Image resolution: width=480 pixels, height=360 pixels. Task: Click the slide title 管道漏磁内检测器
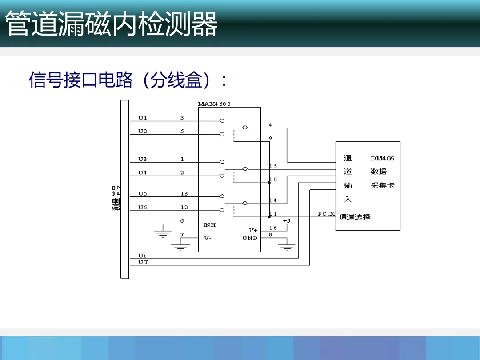[112, 24]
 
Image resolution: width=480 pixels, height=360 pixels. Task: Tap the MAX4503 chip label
[214, 104]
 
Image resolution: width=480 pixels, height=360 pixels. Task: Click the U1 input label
[142, 118]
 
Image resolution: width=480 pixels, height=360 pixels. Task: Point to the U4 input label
[142, 172]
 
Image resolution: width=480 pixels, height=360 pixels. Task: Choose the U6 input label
[142, 207]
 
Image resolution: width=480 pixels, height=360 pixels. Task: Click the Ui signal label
[142, 256]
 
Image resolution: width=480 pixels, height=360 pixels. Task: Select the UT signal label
[143, 262]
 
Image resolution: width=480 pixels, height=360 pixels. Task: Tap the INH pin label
[209, 225]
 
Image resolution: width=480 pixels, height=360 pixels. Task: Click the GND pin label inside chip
[250, 238]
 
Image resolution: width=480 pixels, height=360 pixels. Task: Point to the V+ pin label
[253, 230]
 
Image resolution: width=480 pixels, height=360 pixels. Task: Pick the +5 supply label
[287, 221]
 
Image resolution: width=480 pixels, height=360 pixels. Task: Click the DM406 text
[382, 158]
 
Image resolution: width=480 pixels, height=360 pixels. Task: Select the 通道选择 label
[355, 217]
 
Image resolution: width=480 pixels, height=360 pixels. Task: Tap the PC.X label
[326, 214]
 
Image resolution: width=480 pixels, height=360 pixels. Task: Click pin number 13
[184, 193]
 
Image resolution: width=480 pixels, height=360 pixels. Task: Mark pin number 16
[273, 228]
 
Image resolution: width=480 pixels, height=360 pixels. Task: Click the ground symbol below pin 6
[163, 233]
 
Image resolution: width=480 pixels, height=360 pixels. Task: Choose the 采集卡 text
[382, 185]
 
